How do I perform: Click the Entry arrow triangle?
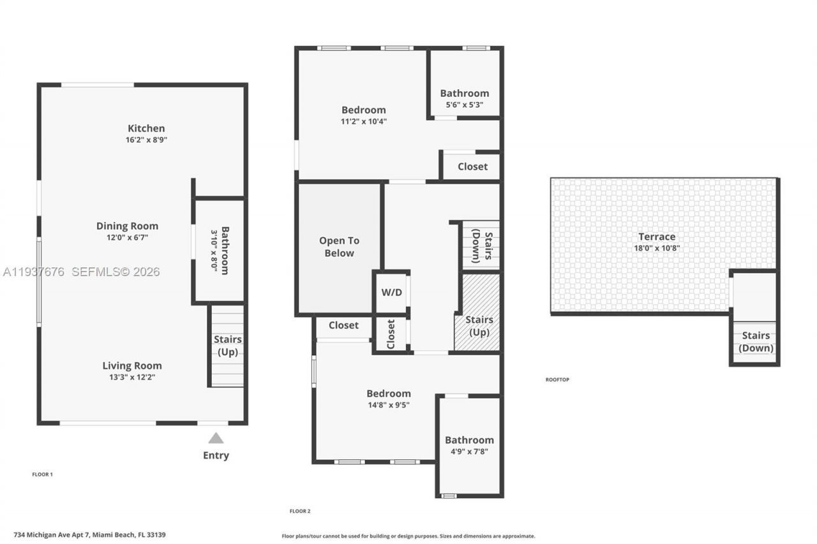216,438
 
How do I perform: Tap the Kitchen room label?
146,128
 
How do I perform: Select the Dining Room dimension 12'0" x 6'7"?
127,237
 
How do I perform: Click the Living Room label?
132,365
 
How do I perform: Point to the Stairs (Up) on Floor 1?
227,346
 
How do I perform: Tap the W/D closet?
391,292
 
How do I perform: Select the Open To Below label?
339,247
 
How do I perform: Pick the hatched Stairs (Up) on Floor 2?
479,326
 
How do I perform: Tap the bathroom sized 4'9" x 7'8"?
469,445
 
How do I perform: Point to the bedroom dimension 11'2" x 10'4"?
364,121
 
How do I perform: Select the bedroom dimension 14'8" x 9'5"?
388,404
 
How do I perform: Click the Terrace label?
657,237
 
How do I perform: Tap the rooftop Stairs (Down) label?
756,342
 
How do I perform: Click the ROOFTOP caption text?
557,379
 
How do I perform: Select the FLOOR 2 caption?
300,511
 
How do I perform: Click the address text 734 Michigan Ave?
89,534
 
